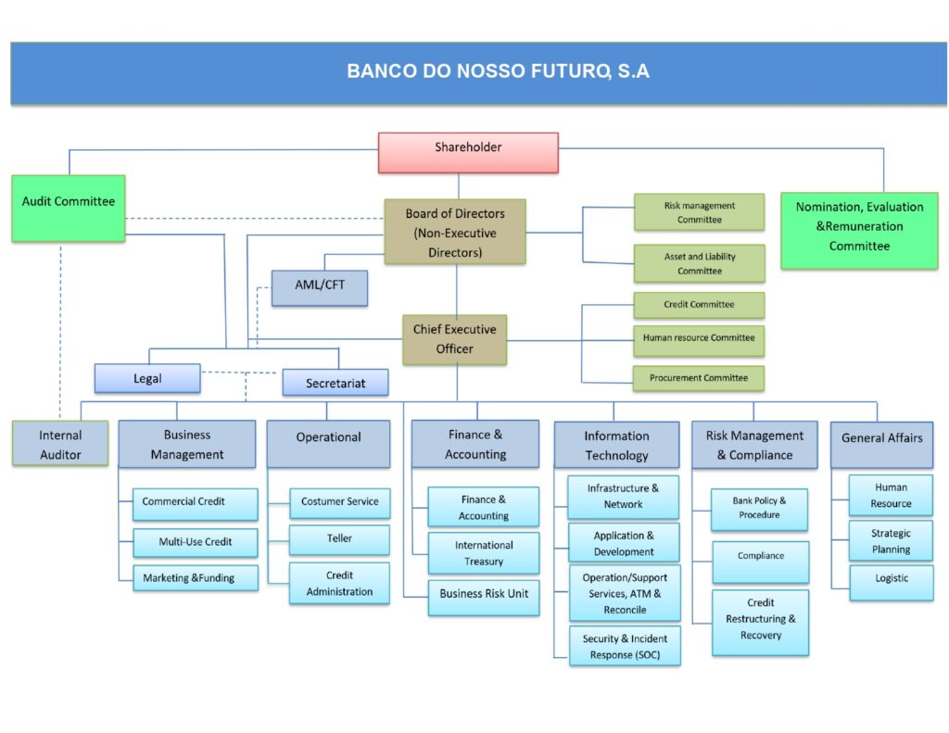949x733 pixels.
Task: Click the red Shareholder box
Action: coord(468,152)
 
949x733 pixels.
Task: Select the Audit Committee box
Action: coord(69,209)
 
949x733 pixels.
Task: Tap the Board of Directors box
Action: coord(455,232)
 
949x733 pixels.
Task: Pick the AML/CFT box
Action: coord(320,287)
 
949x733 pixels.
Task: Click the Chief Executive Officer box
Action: coord(454,339)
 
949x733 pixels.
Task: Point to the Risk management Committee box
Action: coord(699,212)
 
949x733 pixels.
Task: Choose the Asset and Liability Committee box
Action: coord(699,263)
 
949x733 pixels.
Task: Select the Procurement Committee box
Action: coord(699,378)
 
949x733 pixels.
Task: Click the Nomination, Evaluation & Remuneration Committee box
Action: coord(859,230)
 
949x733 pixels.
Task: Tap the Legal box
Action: coord(147,378)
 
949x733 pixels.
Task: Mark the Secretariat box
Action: coord(335,383)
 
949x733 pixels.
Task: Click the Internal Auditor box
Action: coord(60,444)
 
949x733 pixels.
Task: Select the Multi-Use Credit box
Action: coord(195,541)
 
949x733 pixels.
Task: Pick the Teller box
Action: coord(339,539)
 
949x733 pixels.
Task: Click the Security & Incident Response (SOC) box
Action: coord(624,646)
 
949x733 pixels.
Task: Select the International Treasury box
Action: coord(483,553)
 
